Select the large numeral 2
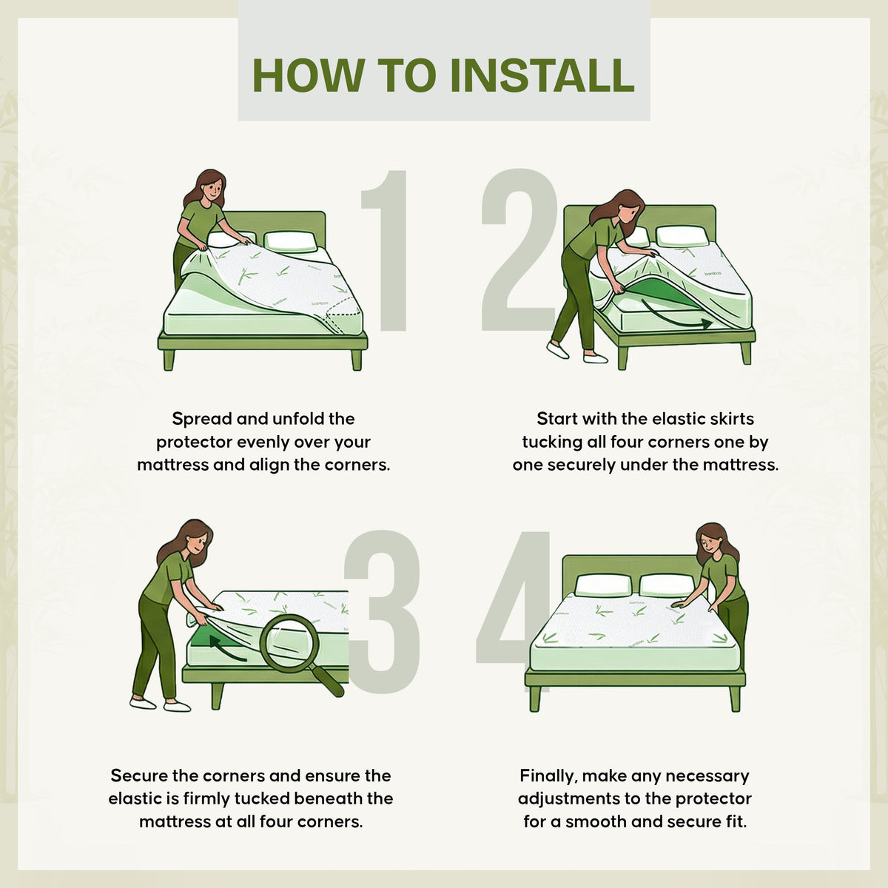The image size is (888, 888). (519, 249)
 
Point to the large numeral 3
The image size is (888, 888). (383, 612)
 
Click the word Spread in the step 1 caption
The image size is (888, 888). (202, 420)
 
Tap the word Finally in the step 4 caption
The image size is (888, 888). (548, 776)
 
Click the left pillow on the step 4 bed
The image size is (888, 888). (603, 585)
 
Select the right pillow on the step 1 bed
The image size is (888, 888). (290, 241)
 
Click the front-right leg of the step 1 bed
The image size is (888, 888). (357, 360)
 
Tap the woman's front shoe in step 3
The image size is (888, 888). (177, 706)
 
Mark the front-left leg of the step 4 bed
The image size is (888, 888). (534, 699)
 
